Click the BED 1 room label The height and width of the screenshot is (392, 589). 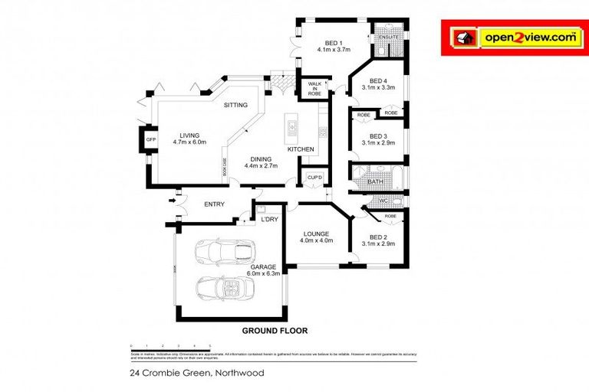pos(333,43)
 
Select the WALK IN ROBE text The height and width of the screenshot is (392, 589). pos(314,88)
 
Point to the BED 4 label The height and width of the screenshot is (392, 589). pos(377,80)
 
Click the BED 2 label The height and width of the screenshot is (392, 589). pos(377,237)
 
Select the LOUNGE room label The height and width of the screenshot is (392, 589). pos(316,234)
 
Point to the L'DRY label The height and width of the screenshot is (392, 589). pos(269,220)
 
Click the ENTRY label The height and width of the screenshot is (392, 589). pos(214,204)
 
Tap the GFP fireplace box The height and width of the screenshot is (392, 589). pos(151,140)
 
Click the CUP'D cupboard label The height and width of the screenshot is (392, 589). pos(313,177)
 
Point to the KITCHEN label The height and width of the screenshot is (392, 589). pos(301,149)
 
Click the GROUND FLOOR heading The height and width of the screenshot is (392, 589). pos(275,332)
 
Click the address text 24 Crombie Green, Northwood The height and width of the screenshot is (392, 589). pos(197,373)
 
